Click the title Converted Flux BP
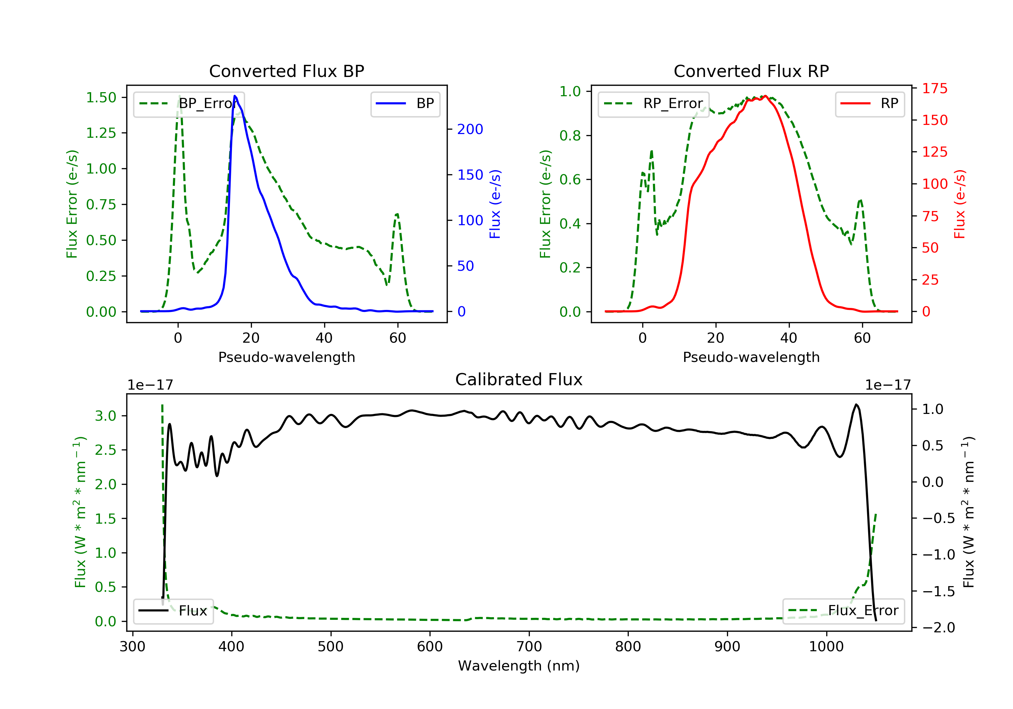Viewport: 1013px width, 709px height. [x=287, y=71]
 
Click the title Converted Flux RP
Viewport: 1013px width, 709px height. [x=751, y=71]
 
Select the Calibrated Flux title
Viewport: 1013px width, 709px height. [x=519, y=379]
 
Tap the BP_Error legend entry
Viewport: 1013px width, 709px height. [x=189, y=104]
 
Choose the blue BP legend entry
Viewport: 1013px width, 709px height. [x=405, y=104]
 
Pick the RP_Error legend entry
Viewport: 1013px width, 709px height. [x=653, y=104]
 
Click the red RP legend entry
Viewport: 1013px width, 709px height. [x=869, y=104]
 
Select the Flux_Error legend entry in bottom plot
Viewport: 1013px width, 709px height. [x=843, y=611]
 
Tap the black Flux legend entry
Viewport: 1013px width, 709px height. [x=173, y=611]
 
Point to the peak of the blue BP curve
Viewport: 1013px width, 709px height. [x=235, y=96]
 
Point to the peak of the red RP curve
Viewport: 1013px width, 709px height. [x=765, y=96]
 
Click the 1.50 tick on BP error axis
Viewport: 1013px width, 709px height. [x=101, y=98]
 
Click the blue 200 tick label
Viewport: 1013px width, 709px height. [x=470, y=129]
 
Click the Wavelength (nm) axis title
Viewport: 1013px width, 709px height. [x=519, y=666]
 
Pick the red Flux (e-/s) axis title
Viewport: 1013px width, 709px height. [x=960, y=204]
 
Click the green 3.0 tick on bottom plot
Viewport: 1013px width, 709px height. [x=105, y=416]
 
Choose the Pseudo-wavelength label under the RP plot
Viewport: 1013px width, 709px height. [x=751, y=357]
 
